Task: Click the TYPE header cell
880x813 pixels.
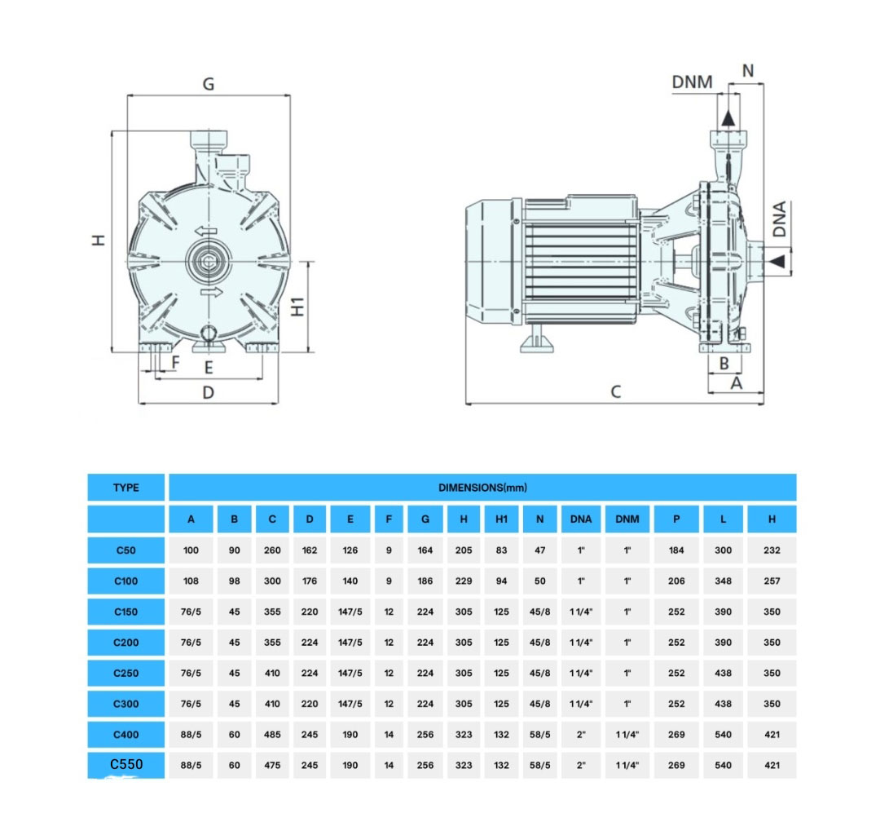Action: [126, 488]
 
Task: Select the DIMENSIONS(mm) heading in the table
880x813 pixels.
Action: [482, 488]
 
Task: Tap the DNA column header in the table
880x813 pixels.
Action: [581, 519]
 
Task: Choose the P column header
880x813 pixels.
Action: [676, 519]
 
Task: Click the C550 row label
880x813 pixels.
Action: [126, 765]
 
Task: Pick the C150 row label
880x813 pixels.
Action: [126, 612]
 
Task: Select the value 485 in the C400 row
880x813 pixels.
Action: [272, 735]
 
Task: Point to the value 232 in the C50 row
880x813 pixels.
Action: [772, 550]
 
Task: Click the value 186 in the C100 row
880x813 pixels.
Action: [425, 581]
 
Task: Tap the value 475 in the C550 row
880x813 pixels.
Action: [272, 766]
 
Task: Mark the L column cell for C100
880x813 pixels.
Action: [723, 581]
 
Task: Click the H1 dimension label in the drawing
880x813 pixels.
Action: [298, 306]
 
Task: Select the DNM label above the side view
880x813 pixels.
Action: [692, 82]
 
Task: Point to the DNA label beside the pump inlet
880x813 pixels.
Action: [780, 219]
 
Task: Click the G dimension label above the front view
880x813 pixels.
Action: [209, 84]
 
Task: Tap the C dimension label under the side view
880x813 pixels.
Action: [616, 392]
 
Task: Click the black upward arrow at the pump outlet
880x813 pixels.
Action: [728, 117]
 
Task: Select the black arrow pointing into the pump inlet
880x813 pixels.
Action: [777, 260]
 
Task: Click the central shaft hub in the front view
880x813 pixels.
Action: [208, 261]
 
